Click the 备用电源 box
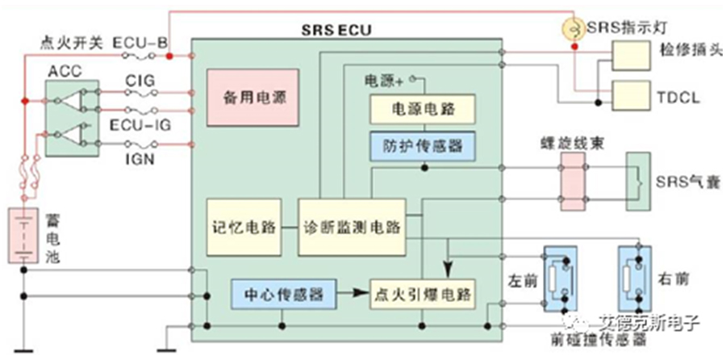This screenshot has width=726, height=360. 252,98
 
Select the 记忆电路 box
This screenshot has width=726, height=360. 244,228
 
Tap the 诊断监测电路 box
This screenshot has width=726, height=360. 352,228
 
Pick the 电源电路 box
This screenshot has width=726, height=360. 422,109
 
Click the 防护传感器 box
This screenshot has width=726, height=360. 422,146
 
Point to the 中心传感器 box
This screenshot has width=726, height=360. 283,294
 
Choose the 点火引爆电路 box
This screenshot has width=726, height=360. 422,294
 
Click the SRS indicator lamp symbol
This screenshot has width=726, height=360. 574,29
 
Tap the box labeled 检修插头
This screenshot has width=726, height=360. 631,55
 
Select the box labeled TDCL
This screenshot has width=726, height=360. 631,95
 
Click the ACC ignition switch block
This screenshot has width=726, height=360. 73,118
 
